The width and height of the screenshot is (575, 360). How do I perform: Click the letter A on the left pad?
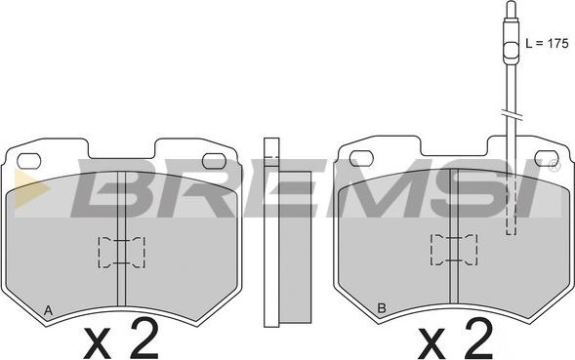click(x=48, y=311)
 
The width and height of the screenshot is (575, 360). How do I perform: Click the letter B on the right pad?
click(x=382, y=308)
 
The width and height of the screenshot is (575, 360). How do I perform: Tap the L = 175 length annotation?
click(x=547, y=43)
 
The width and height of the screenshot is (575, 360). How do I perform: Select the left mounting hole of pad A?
click(x=29, y=161)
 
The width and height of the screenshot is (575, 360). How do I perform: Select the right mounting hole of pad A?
click(x=214, y=161)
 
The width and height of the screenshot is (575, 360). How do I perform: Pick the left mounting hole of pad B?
click(x=361, y=158)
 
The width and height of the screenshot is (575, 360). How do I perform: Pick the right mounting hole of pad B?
click(x=547, y=158)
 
